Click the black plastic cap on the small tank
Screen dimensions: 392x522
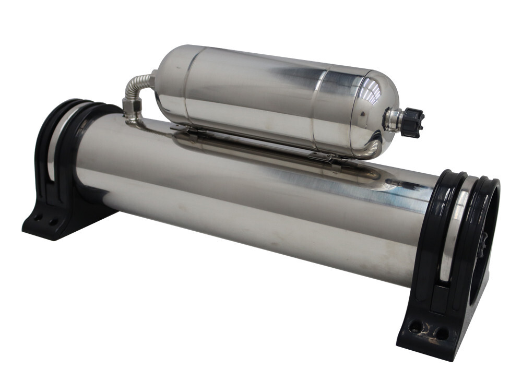tap(412, 123)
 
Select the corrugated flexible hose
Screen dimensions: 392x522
tap(135, 89)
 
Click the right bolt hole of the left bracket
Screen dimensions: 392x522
tap(52, 222)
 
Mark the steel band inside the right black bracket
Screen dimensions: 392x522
tap(453, 230)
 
